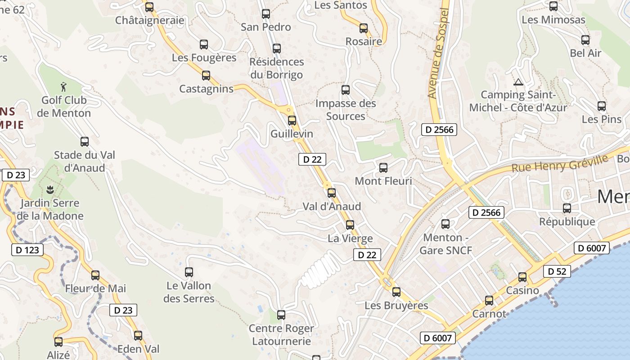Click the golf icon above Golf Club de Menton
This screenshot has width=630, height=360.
[x=63, y=85]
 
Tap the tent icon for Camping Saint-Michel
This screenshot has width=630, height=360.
[x=518, y=82]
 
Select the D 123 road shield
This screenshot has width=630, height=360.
[x=27, y=250]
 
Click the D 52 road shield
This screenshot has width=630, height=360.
[x=557, y=271]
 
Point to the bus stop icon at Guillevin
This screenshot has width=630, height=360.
[x=292, y=120]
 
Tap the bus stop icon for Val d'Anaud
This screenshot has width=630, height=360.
[x=332, y=193]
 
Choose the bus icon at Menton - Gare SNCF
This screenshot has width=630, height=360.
[x=445, y=224]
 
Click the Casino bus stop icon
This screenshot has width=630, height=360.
[x=522, y=277]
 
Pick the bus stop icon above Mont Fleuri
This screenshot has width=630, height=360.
[x=383, y=167]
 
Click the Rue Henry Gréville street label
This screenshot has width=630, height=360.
[x=559, y=163]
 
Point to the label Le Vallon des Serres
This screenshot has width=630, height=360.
[x=189, y=292]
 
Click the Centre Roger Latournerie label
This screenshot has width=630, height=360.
[x=281, y=335]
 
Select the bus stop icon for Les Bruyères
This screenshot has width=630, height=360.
[x=396, y=292]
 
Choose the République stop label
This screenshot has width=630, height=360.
[x=567, y=221]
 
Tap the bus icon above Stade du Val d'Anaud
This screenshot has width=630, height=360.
[x=85, y=141]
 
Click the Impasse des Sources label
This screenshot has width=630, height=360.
[x=346, y=110]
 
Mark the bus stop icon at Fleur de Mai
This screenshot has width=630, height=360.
[x=95, y=275]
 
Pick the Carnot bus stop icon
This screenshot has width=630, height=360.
[x=489, y=300]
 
